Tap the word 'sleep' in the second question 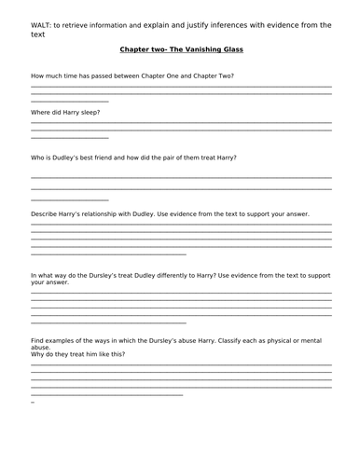(x=89, y=112)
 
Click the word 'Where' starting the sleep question (x=41, y=112)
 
